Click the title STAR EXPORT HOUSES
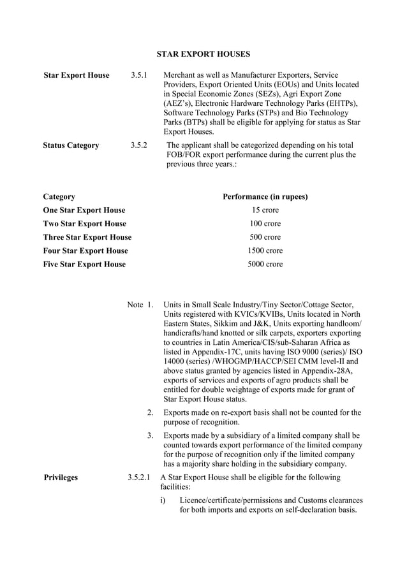click(204, 54)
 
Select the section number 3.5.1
click(140, 75)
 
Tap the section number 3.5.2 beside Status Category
click(140, 145)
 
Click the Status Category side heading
click(71, 145)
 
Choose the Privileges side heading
click(61, 477)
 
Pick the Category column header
click(59, 196)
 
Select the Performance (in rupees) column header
click(265, 196)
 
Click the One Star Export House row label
click(84, 210)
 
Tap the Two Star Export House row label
click(84, 224)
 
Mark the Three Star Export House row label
click(87, 237)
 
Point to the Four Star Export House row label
click(85, 251)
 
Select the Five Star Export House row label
click(84, 264)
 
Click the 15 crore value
click(265, 210)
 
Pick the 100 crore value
click(265, 224)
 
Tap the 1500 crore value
click(265, 251)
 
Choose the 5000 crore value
click(265, 264)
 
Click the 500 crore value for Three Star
click(265, 237)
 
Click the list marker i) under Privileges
click(164, 500)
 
